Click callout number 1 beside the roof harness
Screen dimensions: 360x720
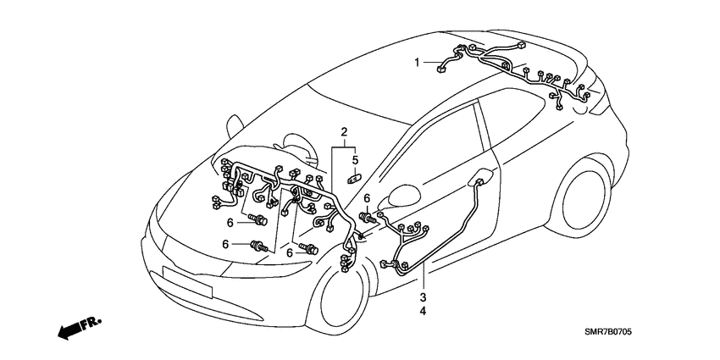[417, 62]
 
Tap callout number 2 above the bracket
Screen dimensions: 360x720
[345, 132]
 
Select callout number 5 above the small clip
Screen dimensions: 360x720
[356, 159]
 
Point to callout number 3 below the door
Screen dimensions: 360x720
[422, 297]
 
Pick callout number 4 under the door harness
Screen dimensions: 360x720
[422, 312]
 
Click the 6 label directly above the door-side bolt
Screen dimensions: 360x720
[366, 199]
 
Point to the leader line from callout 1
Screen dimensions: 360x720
[430, 63]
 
